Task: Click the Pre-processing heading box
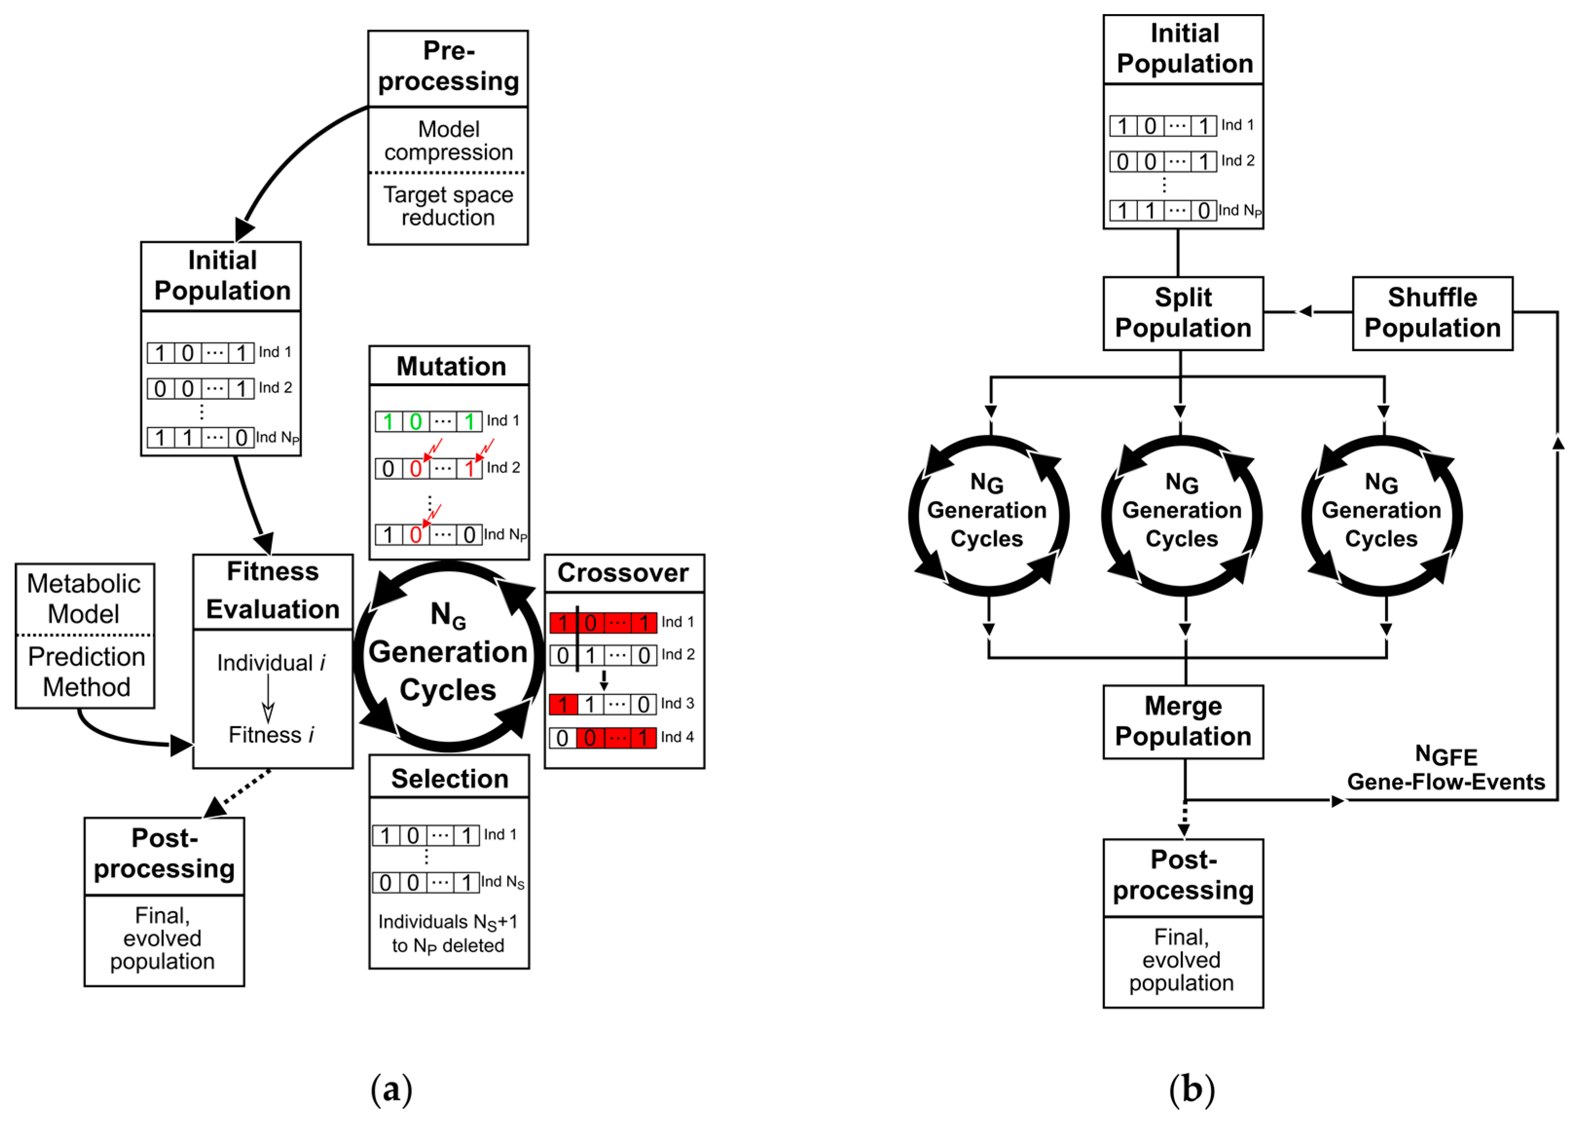coord(448,68)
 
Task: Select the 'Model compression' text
coord(448,140)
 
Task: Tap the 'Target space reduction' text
coord(448,206)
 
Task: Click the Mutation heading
coord(451,366)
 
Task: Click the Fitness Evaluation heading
coord(272,590)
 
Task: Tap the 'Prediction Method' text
coord(86,671)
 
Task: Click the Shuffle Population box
coord(1432,313)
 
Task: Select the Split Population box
coord(1183,313)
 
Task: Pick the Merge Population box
coord(1183,722)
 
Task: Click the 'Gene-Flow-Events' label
coord(1446,782)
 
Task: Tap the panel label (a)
coord(392,1089)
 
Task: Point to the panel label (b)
coord(1191,1089)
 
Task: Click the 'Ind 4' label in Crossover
coord(677,736)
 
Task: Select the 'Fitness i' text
coord(271,734)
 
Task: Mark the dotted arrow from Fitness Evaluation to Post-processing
coord(237,793)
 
